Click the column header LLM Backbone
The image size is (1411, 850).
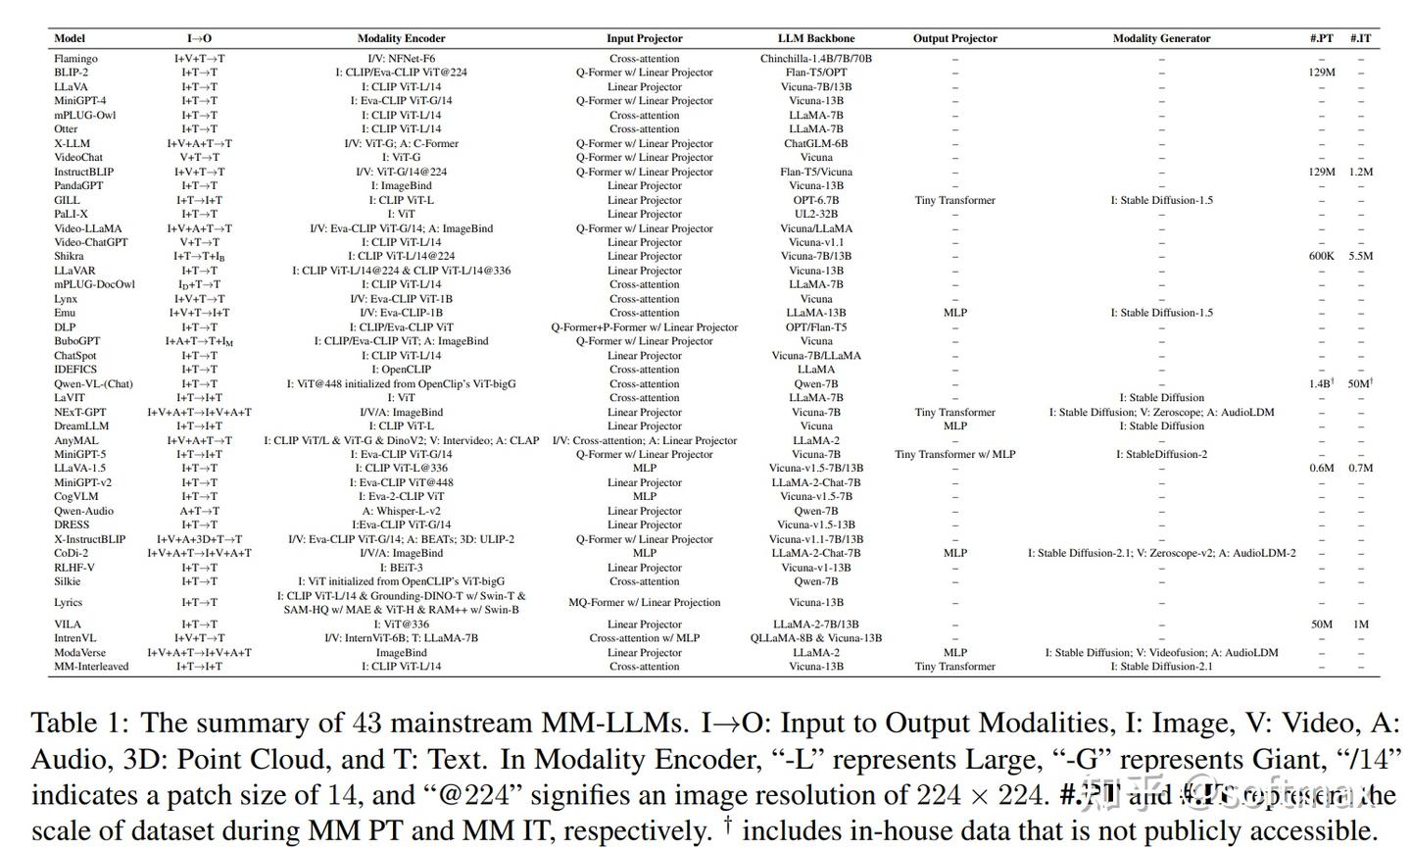(x=815, y=38)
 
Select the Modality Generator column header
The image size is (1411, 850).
(x=1161, y=38)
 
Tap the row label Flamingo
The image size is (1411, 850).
(x=75, y=59)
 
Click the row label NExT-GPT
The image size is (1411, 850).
(x=79, y=413)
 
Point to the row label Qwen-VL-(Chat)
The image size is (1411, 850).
(x=93, y=384)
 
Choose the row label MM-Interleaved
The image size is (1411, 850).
(x=91, y=667)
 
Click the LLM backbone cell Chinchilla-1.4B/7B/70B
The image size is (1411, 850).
(x=815, y=59)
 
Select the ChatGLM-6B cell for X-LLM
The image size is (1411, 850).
(x=815, y=143)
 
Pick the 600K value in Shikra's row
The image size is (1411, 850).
(x=1321, y=256)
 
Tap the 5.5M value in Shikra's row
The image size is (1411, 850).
(x=1360, y=256)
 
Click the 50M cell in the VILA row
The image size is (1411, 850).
(x=1321, y=625)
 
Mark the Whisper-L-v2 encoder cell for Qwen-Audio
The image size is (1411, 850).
(x=401, y=511)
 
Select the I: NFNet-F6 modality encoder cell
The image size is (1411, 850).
(x=401, y=59)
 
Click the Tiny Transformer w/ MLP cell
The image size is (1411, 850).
(x=954, y=455)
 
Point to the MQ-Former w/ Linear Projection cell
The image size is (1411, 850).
(x=644, y=603)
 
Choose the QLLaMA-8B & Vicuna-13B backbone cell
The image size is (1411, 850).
(x=815, y=638)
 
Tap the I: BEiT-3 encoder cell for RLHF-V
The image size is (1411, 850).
(x=401, y=568)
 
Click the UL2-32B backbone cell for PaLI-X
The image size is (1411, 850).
(x=815, y=214)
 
